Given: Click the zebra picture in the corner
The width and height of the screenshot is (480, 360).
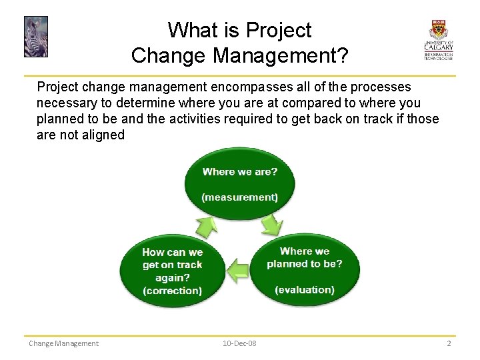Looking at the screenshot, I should pyautogui.click(x=35, y=37).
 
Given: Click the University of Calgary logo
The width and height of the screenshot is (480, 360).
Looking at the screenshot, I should pyautogui.click(x=438, y=40).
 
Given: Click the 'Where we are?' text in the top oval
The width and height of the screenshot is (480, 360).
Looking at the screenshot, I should pyautogui.click(x=240, y=171).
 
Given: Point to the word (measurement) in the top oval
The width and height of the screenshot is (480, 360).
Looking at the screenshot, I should pyautogui.click(x=240, y=197).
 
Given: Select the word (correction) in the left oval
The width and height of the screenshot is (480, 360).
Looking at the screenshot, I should pyautogui.click(x=172, y=291).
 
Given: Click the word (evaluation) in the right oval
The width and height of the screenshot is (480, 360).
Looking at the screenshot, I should pyautogui.click(x=305, y=289).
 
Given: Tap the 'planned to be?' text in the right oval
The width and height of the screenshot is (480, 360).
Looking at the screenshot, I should pyautogui.click(x=305, y=263).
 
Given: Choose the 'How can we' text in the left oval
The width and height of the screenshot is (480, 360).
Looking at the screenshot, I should pyautogui.click(x=172, y=252).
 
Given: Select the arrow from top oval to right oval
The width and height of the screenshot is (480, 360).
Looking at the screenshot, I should pyautogui.click(x=271, y=227).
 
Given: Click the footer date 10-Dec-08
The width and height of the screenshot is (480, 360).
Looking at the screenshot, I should pyautogui.click(x=239, y=343).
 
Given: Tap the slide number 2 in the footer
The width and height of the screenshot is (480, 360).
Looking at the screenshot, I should pyautogui.click(x=449, y=343).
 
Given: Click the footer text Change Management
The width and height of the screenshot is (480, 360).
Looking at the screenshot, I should pyautogui.click(x=63, y=343).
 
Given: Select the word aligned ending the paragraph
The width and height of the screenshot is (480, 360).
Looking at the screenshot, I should pyautogui.click(x=102, y=135).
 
